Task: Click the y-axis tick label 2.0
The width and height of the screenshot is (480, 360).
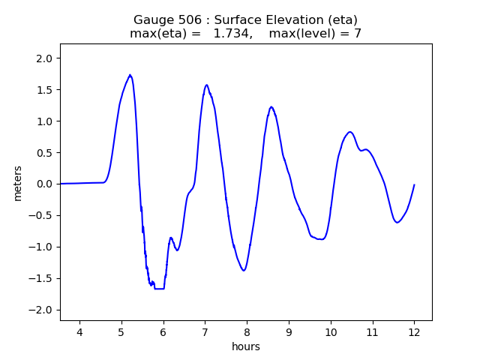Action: (42, 58)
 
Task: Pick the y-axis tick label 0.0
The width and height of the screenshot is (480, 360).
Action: (42, 184)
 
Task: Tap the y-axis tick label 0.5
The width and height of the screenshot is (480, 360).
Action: (42, 152)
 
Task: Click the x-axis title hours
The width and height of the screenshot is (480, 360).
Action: (246, 346)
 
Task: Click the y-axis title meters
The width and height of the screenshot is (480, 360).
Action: (17, 182)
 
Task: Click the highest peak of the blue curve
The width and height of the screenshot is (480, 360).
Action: (130, 75)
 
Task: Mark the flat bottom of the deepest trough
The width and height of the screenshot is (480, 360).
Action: (159, 289)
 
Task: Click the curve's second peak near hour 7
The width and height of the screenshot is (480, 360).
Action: (206, 85)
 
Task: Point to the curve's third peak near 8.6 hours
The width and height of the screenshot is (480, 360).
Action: (271, 107)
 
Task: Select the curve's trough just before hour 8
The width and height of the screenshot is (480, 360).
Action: (243, 270)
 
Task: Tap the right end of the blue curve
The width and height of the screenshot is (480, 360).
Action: (414, 184)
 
